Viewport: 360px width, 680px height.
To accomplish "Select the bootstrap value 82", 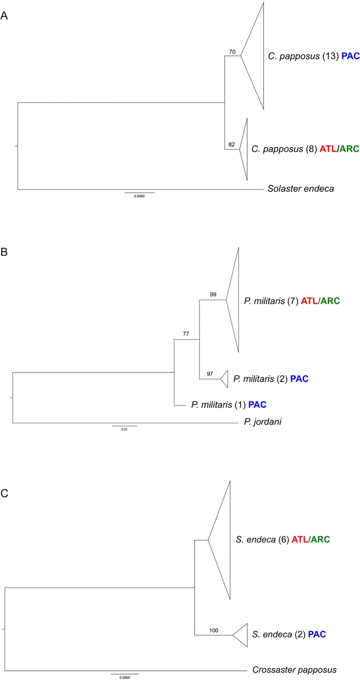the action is pyautogui.click(x=232, y=145).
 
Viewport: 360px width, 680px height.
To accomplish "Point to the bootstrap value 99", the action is pyautogui.click(x=213, y=295).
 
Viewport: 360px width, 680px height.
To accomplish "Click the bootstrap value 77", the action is pyautogui.click(x=186, y=334).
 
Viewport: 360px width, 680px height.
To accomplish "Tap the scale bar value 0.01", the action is pyautogui.click(x=124, y=429).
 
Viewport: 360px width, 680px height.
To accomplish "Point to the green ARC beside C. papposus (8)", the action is pyautogui.click(x=346, y=148).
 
